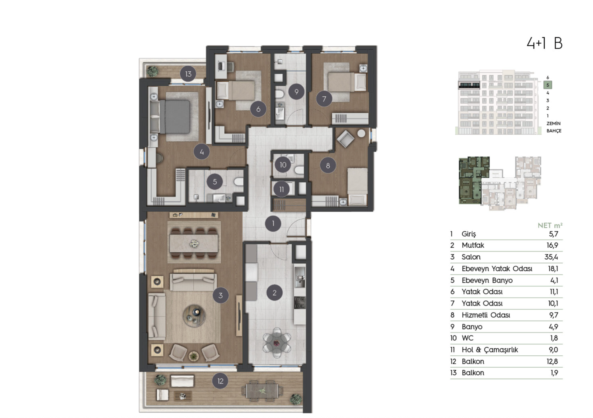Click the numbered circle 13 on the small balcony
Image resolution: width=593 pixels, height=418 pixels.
click(x=188, y=74)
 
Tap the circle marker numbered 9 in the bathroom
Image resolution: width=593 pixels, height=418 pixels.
click(x=296, y=92)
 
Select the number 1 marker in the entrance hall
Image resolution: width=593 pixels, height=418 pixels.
click(x=273, y=223)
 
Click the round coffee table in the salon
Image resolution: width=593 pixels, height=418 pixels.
click(x=194, y=316)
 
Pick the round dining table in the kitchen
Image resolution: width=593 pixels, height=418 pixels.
click(x=277, y=343)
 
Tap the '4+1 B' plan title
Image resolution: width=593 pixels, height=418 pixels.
click(x=544, y=43)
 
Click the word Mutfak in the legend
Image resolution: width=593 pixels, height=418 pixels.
click(x=473, y=245)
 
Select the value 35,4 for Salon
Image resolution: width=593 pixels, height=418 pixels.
click(x=551, y=257)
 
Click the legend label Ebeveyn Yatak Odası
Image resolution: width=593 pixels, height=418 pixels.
click(x=497, y=269)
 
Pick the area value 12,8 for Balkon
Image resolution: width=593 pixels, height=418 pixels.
click(x=552, y=361)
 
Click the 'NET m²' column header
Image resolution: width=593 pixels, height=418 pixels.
click(x=550, y=225)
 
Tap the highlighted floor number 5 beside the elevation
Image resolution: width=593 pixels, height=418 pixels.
click(x=547, y=85)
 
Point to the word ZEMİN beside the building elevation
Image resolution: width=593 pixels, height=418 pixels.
click(x=553, y=123)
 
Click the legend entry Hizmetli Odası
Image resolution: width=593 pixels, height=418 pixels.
click(x=485, y=315)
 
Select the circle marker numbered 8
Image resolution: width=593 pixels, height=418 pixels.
click(x=328, y=166)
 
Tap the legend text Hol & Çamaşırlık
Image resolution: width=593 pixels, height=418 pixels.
click(x=489, y=350)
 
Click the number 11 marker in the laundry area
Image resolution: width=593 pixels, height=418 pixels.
click(x=281, y=189)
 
